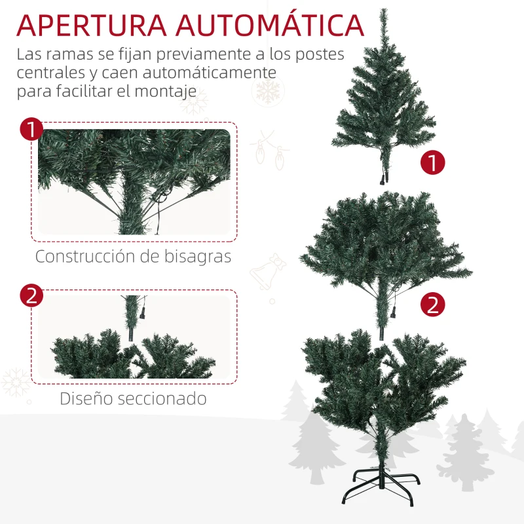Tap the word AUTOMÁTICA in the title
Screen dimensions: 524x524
pos(269,25)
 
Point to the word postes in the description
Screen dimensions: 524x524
pos(317,54)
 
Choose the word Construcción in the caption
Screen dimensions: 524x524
pos(84,256)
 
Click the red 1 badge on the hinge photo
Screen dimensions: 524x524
pos(31,129)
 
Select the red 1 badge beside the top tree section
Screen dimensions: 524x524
pos(432,162)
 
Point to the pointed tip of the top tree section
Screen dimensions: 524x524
pos(384,13)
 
